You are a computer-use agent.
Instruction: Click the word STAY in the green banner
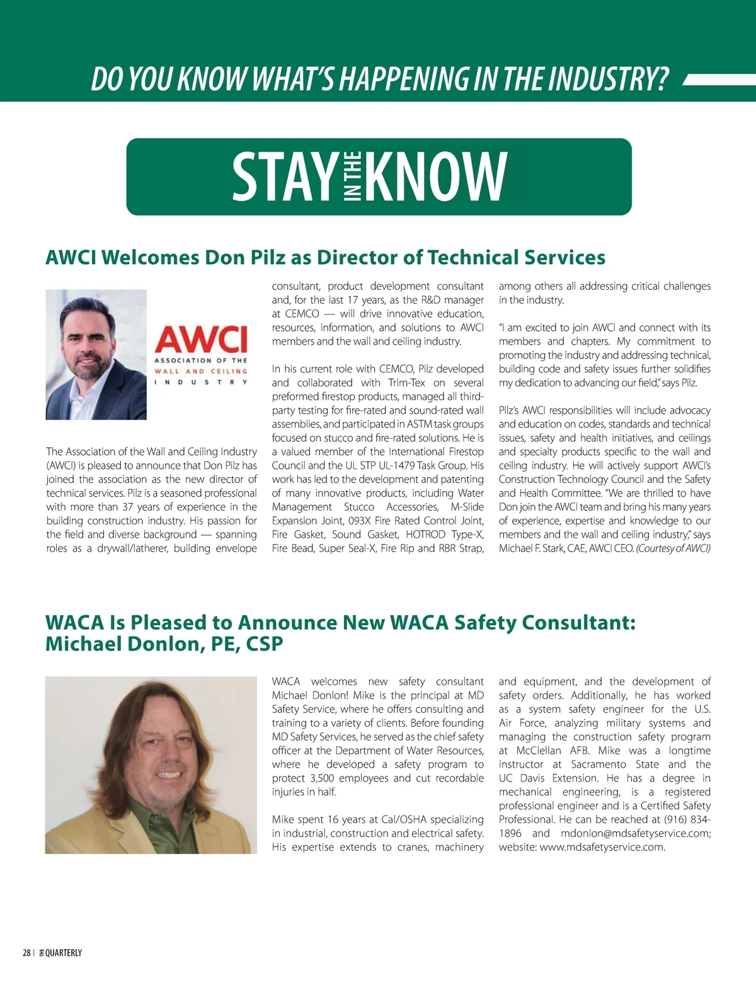point(285,176)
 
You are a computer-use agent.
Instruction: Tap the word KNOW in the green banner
point(435,176)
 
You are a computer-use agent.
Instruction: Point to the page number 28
point(26,953)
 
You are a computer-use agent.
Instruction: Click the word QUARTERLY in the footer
point(64,953)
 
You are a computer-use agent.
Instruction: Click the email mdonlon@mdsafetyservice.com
point(636,833)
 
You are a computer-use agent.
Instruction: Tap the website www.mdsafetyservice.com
point(602,847)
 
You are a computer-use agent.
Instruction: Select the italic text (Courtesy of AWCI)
point(673,548)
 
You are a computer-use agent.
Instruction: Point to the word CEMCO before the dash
point(302,314)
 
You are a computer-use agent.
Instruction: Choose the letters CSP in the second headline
point(265,644)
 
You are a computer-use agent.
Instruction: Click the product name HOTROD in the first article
point(425,534)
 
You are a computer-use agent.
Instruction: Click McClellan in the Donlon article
point(539,751)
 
